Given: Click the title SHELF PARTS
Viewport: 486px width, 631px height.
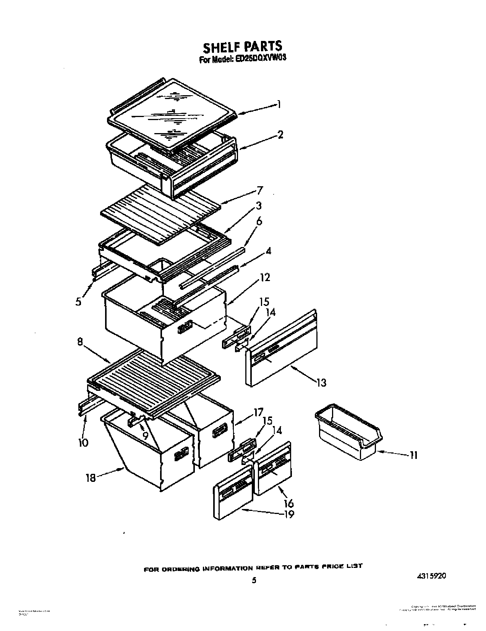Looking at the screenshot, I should [x=243, y=47].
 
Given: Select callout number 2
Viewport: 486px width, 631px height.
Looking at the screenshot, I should [x=280, y=134].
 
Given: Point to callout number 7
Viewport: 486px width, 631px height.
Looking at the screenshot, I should [x=260, y=190].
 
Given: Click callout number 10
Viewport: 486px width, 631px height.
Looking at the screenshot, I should [x=83, y=442].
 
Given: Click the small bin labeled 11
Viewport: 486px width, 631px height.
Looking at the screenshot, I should [x=348, y=432].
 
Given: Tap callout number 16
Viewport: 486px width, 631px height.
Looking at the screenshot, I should [x=289, y=503].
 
